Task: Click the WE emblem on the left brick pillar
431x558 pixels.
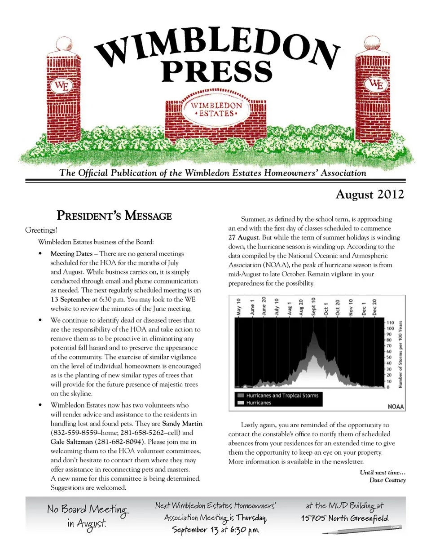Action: tap(62, 86)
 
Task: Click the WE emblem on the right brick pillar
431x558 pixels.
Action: tap(376, 84)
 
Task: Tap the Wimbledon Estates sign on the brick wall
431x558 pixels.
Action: tap(216, 109)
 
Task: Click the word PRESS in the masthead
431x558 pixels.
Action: tap(217, 71)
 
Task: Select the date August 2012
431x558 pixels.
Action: tap(369, 194)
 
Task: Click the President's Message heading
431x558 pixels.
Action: tap(114, 216)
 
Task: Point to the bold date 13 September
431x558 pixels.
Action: tap(70, 300)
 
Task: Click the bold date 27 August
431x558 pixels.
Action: tap(243, 238)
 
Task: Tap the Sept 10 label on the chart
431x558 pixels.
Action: tap(313, 306)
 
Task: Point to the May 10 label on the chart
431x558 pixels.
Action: tap(238, 307)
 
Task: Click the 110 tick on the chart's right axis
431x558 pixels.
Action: tap(390, 323)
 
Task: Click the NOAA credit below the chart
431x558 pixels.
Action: tap(396, 407)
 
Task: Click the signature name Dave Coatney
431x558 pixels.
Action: tap(387, 480)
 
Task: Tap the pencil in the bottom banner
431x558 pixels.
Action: tap(362, 530)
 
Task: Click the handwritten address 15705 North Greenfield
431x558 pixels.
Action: tap(344, 518)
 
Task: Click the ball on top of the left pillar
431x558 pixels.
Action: tap(64, 44)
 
